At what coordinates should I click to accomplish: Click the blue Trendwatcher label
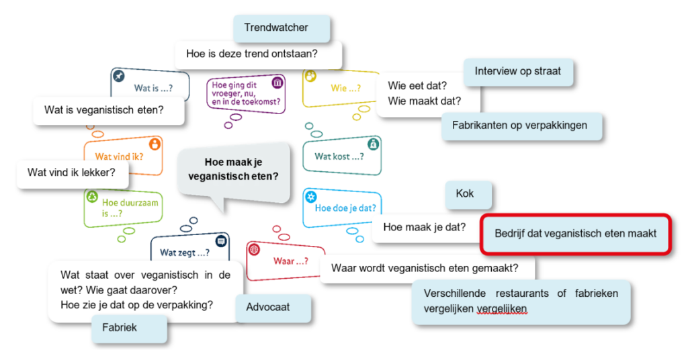[x=282, y=28]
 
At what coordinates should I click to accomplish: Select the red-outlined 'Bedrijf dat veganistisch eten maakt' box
[x=575, y=234]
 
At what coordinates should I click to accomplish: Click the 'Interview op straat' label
[x=517, y=71]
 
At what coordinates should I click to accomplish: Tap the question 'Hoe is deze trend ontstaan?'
[x=257, y=54]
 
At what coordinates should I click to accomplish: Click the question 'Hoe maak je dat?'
[x=425, y=227]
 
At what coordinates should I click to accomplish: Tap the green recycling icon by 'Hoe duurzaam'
[x=92, y=196]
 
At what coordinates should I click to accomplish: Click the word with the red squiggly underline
[x=502, y=308]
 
